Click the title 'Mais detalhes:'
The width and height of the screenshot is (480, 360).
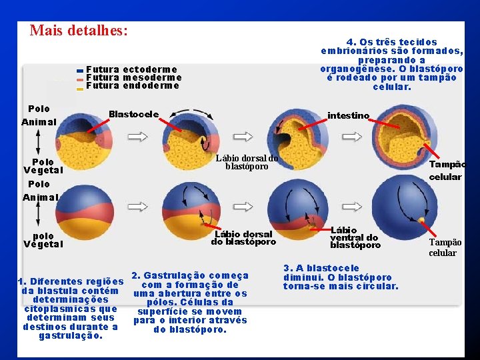pos(79,31)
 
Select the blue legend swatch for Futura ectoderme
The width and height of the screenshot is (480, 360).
pos(80,70)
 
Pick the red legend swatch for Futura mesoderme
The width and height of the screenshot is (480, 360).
pos(80,79)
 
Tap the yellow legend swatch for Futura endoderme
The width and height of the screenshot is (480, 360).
pos(80,87)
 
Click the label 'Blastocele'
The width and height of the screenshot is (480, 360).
pos(133,114)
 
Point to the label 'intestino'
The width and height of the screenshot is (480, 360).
pos(348,115)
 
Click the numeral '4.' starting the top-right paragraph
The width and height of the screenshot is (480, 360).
pos(351,42)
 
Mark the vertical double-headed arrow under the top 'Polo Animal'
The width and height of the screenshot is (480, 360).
pos(38,142)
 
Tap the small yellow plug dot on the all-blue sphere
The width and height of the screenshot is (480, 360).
pos(421,219)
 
